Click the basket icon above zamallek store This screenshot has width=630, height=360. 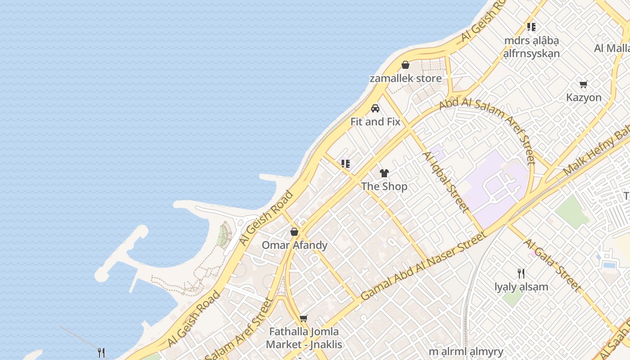(x=405, y=65)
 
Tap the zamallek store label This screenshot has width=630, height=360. (x=405, y=78)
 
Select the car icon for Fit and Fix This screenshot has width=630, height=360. (x=375, y=108)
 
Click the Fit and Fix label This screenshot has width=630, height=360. (x=375, y=121)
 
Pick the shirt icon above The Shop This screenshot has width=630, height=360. (x=384, y=173)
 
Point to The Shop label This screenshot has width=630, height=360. (x=384, y=186)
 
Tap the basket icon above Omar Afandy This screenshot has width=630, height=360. (x=294, y=232)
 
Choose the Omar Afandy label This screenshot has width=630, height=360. (x=295, y=245)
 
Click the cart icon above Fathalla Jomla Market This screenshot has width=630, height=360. (x=304, y=319)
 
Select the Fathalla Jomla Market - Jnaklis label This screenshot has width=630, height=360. (x=304, y=338)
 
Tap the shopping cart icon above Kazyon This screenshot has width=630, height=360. (x=584, y=84)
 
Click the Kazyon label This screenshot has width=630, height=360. (x=584, y=97)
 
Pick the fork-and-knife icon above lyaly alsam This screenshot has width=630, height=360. (x=521, y=273)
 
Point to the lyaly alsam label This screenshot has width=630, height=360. (x=522, y=287)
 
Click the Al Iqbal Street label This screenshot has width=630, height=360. (x=445, y=181)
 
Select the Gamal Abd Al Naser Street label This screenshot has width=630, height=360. (x=424, y=266)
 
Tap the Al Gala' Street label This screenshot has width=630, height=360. (x=552, y=265)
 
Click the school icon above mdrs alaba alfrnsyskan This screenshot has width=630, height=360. (x=531, y=27)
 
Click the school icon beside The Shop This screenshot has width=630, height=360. (x=346, y=164)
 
